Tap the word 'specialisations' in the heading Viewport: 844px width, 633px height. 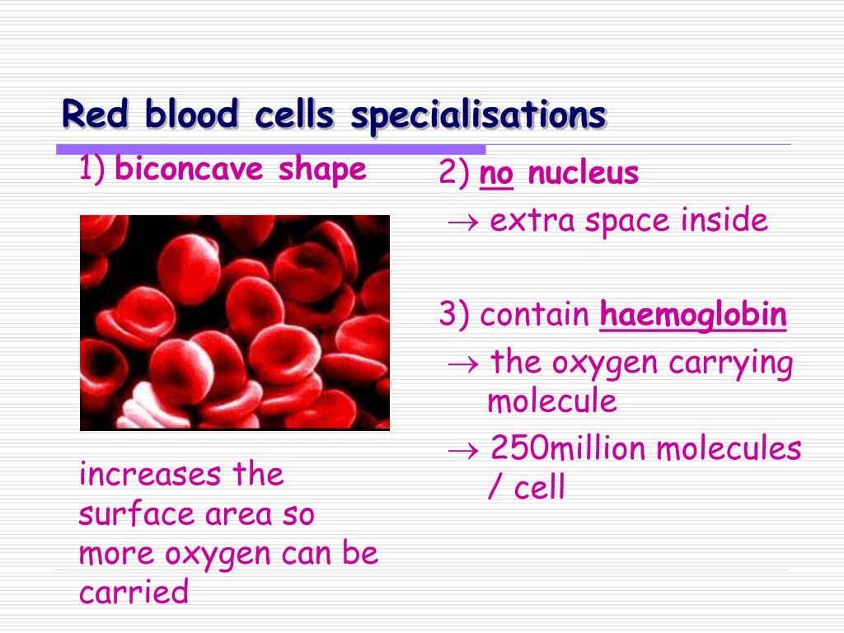[479, 116]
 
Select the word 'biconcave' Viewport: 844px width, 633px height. [189, 168]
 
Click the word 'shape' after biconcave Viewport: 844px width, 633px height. [322, 171]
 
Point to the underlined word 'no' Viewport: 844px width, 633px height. [496, 174]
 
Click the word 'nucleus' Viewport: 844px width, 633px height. [583, 173]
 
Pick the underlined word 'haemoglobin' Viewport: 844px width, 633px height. [693, 315]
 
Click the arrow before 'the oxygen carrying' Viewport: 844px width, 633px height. [463, 364]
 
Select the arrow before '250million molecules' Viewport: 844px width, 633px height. [463, 450]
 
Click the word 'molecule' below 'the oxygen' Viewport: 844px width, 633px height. [551, 401]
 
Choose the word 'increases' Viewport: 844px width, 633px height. [150, 474]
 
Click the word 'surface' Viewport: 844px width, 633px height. [136, 513]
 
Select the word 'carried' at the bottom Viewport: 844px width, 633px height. [134, 592]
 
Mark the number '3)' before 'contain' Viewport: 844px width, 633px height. [454, 314]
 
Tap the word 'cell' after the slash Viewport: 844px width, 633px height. [539, 487]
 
